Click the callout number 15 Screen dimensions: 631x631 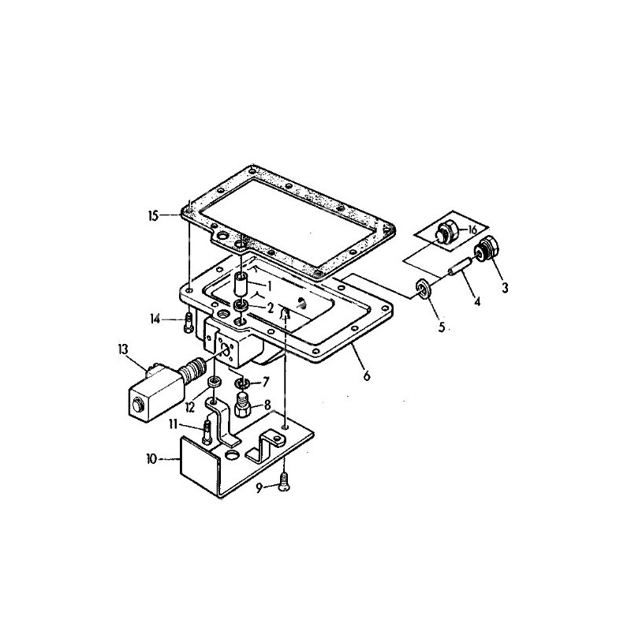pyautogui.click(x=154, y=214)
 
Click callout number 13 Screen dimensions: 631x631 pyautogui.click(x=123, y=349)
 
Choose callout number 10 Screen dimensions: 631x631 pyautogui.click(x=152, y=457)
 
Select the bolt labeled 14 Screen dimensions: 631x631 pyautogui.click(x=188, y=319)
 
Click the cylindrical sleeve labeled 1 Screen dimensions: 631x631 pyautogui.click(x=241, y=282)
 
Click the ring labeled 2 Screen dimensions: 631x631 pyautogui.click(x=241, y=305)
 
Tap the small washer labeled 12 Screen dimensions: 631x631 pyautogui.click(x=213, y=383)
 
